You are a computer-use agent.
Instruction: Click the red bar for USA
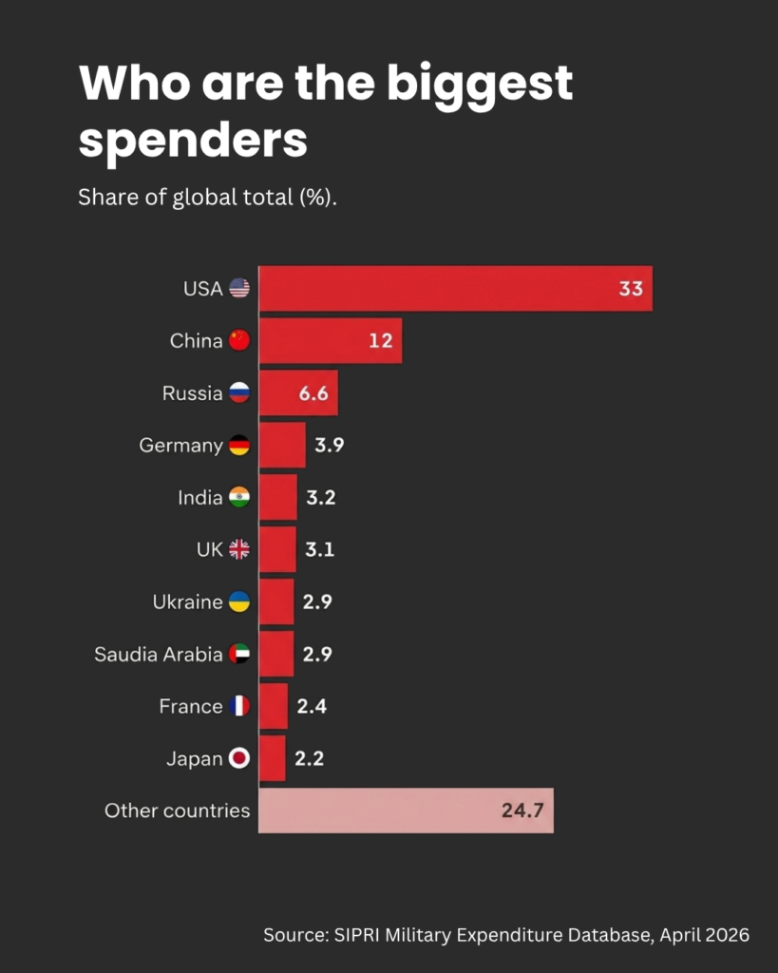[455, 288]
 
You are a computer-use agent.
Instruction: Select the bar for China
[330, 340]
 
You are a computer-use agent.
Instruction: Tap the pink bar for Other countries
[406, 811]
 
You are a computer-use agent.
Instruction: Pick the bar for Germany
[282, 445]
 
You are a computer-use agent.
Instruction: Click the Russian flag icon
[239, 392]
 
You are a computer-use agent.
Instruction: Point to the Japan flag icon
[239, 758]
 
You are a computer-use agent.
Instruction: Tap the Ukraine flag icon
[239, 601]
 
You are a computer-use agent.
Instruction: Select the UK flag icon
[239, 549]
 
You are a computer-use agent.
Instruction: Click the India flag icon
[239, 497]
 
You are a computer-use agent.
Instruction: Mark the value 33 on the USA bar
[631, 288]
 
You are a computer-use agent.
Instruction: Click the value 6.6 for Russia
[313, 392]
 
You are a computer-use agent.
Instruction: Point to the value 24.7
[522, 811]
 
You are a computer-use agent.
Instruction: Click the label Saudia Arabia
[158, 654]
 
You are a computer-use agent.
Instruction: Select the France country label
[191, 706]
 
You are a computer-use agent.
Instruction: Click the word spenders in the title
[193, 141]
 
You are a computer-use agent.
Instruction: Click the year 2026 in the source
[728, 935]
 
